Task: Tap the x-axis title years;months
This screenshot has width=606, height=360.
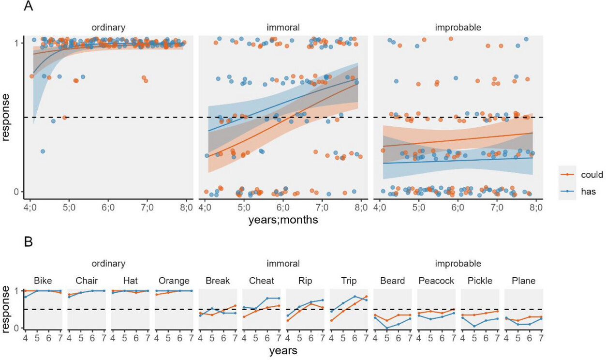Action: (x=283, y=220)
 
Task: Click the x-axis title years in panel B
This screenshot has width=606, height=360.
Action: (x=283, y=349)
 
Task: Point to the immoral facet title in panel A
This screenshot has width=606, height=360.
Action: (x=283, y=28)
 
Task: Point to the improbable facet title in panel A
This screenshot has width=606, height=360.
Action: (x=458, y=28)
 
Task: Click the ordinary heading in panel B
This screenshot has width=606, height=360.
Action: (x=109, y=264)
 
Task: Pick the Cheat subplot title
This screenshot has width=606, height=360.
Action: (x=261, y=281)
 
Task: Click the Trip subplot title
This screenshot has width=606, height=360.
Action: (x=348, y=281)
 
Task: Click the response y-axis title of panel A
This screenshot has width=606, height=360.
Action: (x=6, y=117)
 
